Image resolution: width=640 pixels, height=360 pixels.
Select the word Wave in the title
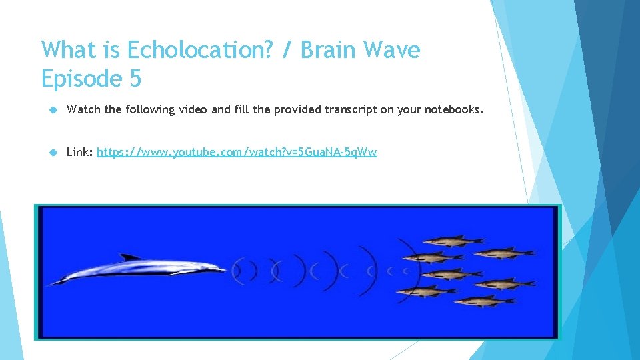tap(395, 50)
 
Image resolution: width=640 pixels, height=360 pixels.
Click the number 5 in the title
tap(135, 79)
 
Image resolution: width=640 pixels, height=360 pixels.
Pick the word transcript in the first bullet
tap(350, 109)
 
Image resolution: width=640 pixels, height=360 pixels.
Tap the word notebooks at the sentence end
tap(447, 109)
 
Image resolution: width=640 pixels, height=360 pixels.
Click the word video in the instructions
tap(193, 109)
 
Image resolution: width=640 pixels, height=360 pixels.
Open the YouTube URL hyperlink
tap(237, 152)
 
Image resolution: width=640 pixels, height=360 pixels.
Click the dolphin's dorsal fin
tap(130, 257)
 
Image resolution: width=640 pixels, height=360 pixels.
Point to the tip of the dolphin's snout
tap(225, 269)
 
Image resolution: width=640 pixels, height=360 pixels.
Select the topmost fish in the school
tap(453, 239)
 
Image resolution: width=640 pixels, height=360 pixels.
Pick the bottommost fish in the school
tap(485, 301)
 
